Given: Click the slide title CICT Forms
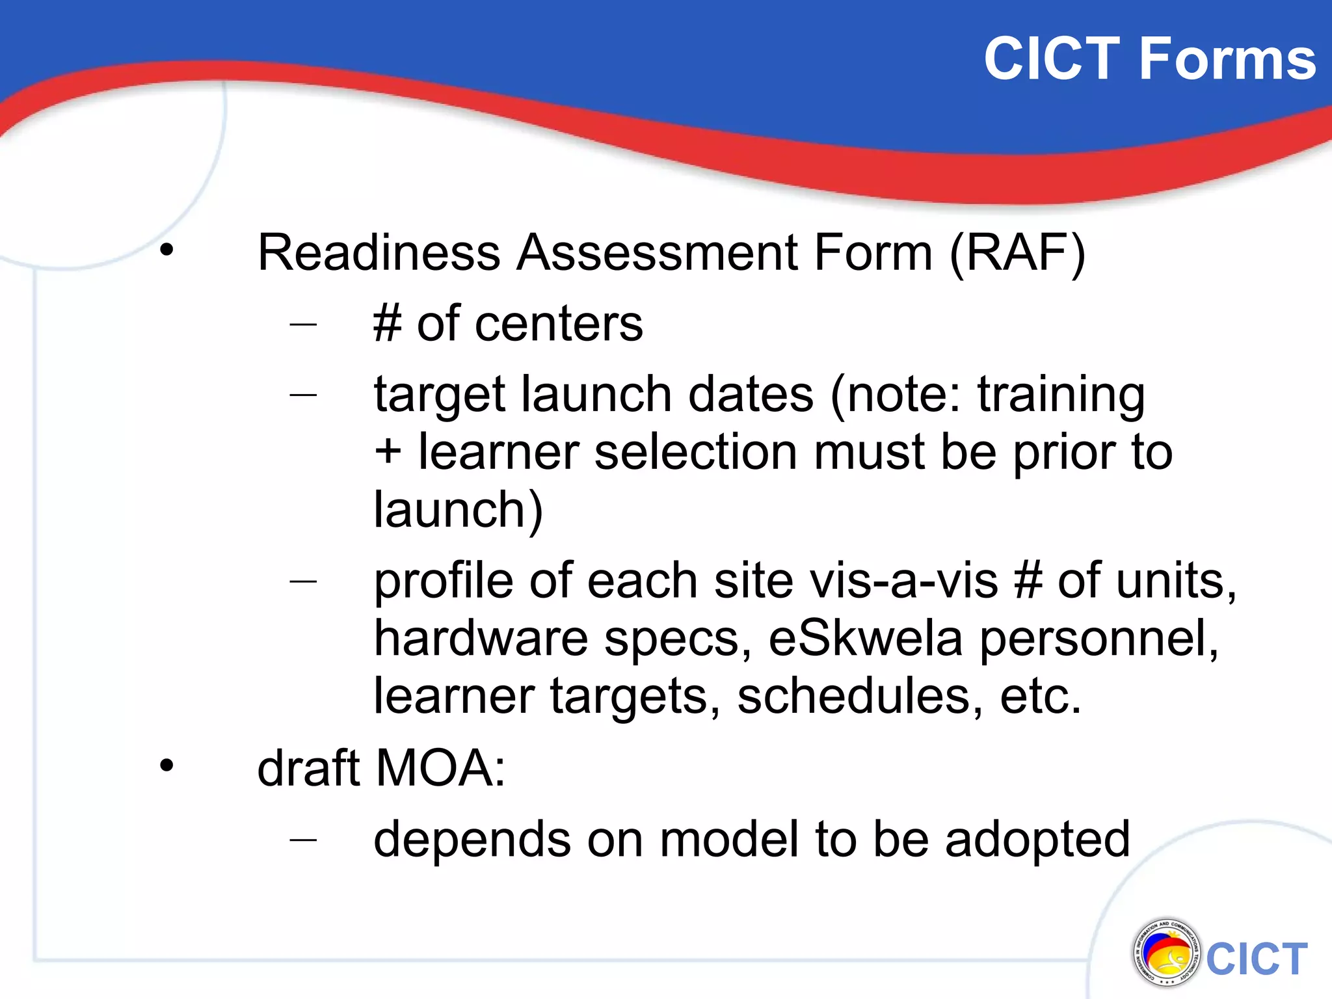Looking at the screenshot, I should [x=1149, y=59].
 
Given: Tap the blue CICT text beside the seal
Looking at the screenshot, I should [x=1257, y=959].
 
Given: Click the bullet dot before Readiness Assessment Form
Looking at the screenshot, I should [x=167, y=250].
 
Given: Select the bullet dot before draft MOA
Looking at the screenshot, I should [x=167, y=766].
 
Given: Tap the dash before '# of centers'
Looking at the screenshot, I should [x=303, y=323].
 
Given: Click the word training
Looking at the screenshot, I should [x=1061, y=395].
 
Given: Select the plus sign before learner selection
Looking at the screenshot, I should [x=388, y=451].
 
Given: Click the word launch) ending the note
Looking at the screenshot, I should [x=458, y=510].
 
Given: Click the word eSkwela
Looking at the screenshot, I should [x=865, y=638].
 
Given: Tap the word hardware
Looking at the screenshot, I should [x=481, y=638].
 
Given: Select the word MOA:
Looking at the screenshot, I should [x=440, y=768].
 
